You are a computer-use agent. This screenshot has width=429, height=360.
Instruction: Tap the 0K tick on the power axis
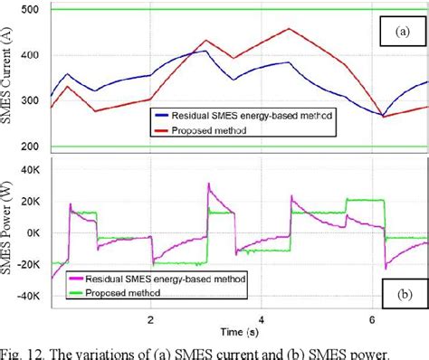click(35, 232)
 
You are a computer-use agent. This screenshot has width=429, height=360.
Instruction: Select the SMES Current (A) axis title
click(9, 79)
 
